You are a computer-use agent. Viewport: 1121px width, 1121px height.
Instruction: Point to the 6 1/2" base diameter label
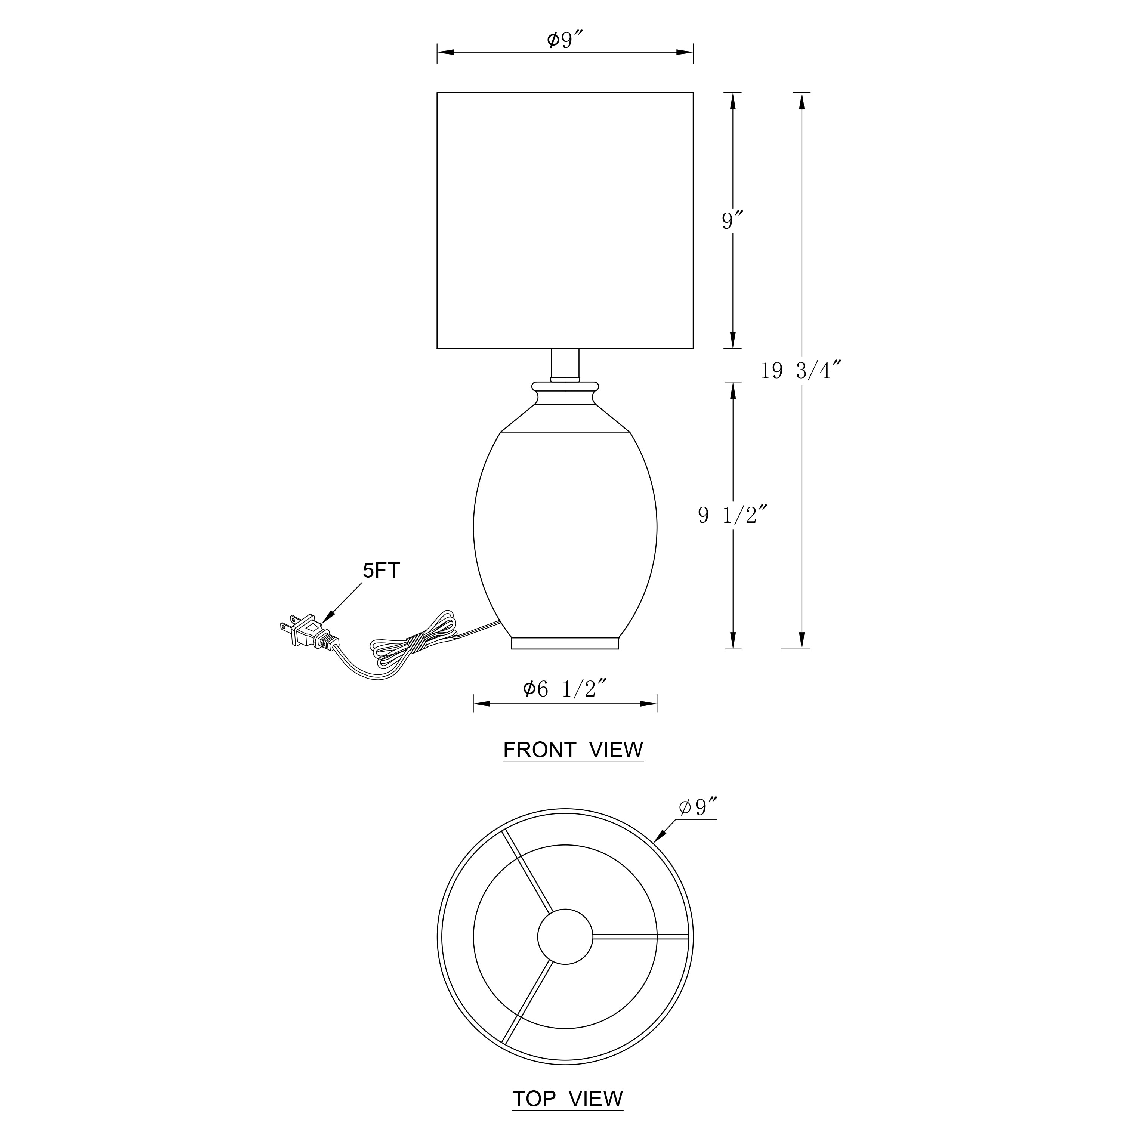[565, 689]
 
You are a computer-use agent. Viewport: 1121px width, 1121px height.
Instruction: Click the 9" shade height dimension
[733, 220]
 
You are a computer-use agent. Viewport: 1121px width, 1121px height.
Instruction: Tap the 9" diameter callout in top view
[698, 807]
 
